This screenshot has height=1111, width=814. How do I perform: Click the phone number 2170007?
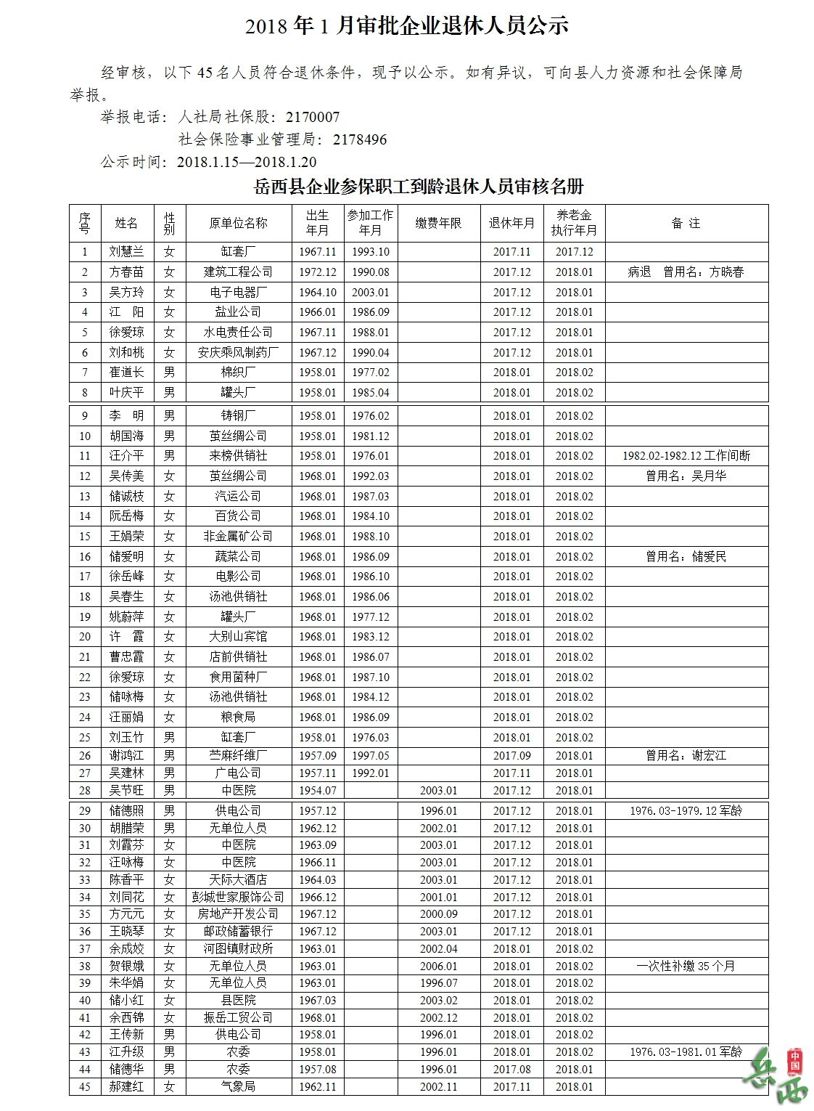[313, 117]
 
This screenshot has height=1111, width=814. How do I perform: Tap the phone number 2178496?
[360, 139]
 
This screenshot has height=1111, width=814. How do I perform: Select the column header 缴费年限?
[438, 223]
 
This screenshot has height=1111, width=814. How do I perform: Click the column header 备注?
[686, 223]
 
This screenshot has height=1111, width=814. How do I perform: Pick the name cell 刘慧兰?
[127, 252]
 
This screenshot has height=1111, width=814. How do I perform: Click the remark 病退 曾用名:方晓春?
[686, 272]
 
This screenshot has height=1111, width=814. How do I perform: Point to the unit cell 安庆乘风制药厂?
[238, 353]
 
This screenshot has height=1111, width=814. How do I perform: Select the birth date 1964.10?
[318, 293]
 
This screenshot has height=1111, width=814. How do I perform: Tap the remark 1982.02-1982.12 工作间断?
[686, 456]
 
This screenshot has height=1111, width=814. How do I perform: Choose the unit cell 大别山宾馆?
[238, 637]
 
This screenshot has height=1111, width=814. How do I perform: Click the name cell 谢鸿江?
[127, 756]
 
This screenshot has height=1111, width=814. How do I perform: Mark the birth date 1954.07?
[318, 791]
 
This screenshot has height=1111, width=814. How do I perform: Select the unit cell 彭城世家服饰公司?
[238, 898]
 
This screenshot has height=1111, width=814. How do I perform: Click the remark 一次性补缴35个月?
[686, 966]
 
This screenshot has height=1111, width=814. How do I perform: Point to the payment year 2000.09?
[438, 914]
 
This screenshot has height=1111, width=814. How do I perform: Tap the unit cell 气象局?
[238, 1087]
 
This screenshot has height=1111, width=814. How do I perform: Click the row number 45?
[85, 1087]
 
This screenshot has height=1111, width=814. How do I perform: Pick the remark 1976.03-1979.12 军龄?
[686, 811]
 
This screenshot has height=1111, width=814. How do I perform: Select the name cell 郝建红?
[127, 1087]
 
